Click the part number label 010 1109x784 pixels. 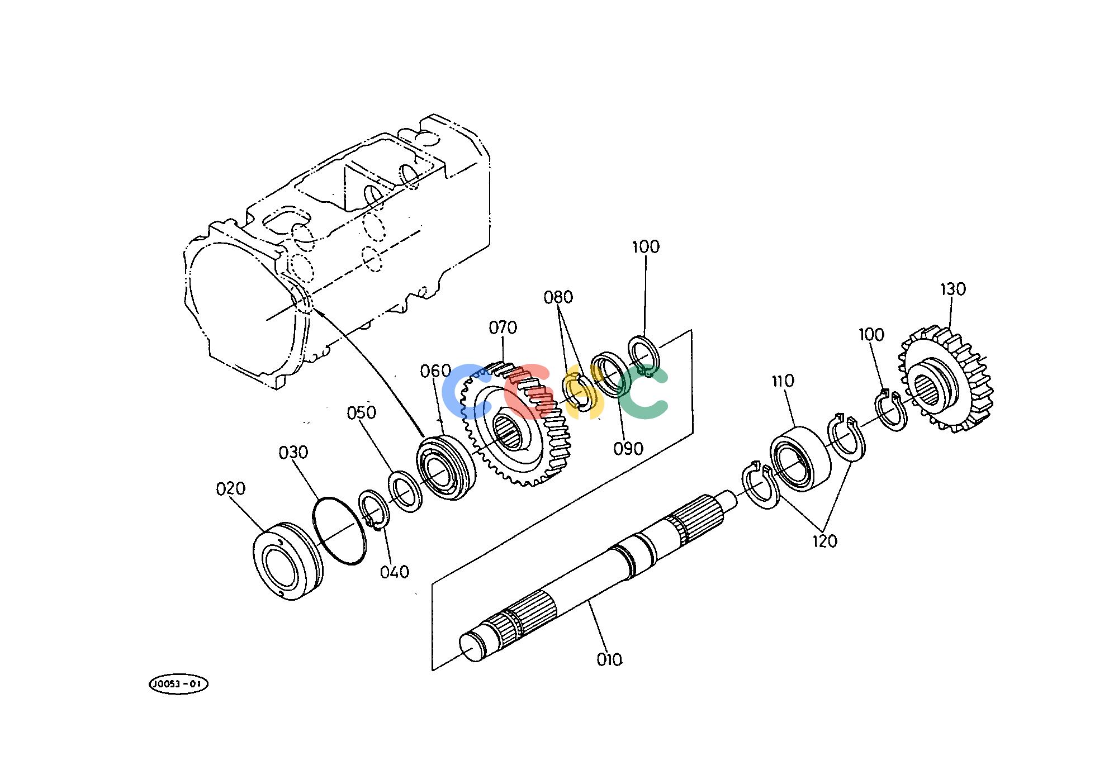tap(609, 660)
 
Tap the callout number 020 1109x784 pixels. tap(231, 489)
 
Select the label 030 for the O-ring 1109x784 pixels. tap(293, 452)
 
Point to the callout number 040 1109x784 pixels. tap(395, 572)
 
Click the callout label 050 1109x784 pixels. tap(362, 413)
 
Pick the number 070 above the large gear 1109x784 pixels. tap(503, 327)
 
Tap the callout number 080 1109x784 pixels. tap(558, 297)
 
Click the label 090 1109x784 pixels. tap(628, 449)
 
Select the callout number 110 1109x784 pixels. tap(783, 381)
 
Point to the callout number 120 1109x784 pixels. tap(825, 541)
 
